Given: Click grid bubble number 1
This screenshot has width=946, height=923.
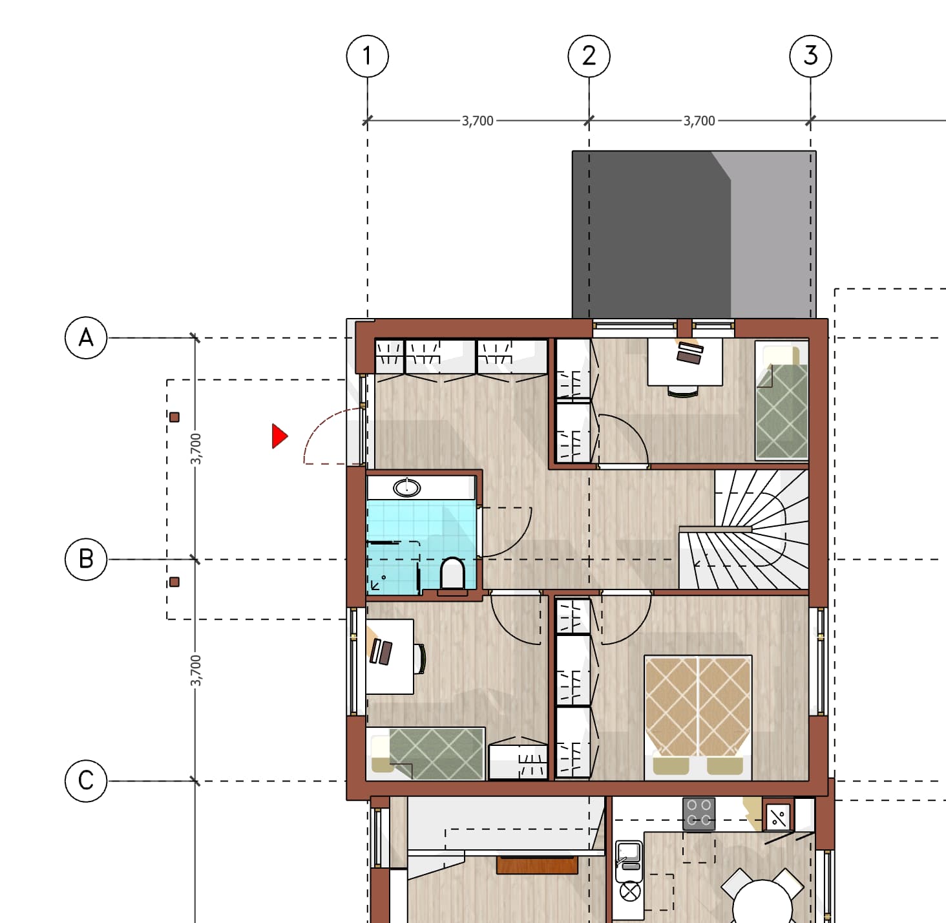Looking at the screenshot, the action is [x=367, y=56].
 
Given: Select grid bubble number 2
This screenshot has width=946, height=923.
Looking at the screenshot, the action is [x=589, y=56].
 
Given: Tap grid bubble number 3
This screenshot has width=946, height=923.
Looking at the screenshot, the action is [x=810, y=56].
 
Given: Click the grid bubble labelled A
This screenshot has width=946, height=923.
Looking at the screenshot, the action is [x=86, y=337].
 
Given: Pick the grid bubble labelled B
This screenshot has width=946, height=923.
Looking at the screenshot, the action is [x=86, y=559].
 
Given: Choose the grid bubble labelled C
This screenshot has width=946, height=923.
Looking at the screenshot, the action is [x=86, y=781].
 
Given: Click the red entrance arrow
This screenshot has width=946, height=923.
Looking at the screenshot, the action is [x=280, y=436].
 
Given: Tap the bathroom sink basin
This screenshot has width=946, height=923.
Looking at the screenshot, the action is [x=407, y=487].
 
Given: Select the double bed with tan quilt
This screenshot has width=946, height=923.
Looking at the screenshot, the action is [x=698, y=717].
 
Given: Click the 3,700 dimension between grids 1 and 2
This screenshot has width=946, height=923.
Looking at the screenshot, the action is [x=478, y=121].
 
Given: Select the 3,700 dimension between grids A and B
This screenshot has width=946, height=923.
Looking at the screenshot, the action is [x=195, y=449].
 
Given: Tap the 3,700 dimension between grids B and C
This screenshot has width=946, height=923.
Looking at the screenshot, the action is [x=195, y=671].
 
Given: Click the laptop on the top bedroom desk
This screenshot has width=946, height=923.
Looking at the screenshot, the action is [x=689, y=353].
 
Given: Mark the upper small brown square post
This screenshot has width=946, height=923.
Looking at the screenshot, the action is [x=174, y=417].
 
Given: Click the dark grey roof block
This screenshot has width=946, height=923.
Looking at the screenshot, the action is [x=694, y=235].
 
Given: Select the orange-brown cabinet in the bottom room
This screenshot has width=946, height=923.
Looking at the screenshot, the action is [x=537, y=865].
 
